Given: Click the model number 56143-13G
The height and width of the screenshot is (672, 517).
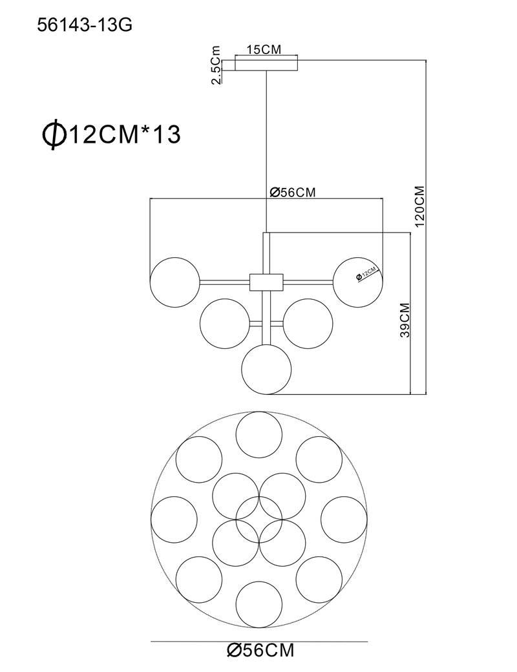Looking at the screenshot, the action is coord(85,26).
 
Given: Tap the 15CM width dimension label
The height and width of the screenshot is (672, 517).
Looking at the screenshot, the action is coord(264,49).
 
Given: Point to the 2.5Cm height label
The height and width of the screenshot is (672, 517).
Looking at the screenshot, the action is coord(217,65).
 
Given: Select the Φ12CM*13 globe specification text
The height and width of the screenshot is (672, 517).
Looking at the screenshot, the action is coord(111,134).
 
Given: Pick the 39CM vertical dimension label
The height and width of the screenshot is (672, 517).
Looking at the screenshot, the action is coord(405,320).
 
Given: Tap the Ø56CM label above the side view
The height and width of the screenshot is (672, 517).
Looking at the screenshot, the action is coord(292,193).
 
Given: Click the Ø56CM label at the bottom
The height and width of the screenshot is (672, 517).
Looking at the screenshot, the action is coord(260,650).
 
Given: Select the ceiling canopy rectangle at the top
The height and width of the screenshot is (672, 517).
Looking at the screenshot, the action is coord(266,65).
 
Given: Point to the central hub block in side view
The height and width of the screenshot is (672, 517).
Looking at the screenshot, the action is coord(266,282).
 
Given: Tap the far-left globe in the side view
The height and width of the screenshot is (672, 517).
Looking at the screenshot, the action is coord(175,282).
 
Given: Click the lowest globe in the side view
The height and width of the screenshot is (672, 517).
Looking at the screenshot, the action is coord(266,368).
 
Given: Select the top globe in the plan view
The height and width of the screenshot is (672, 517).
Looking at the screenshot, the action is coord(259,435).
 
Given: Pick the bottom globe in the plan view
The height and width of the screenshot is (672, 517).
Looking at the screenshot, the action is coord(259,604).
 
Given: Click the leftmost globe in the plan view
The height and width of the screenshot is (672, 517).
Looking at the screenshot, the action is coord(174,520).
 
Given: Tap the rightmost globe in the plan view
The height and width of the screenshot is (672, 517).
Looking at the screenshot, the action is coord(344,520).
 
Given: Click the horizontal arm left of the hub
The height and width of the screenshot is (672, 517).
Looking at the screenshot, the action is coord(225,282).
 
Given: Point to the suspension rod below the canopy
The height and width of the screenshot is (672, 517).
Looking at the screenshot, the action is coord(267,151).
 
